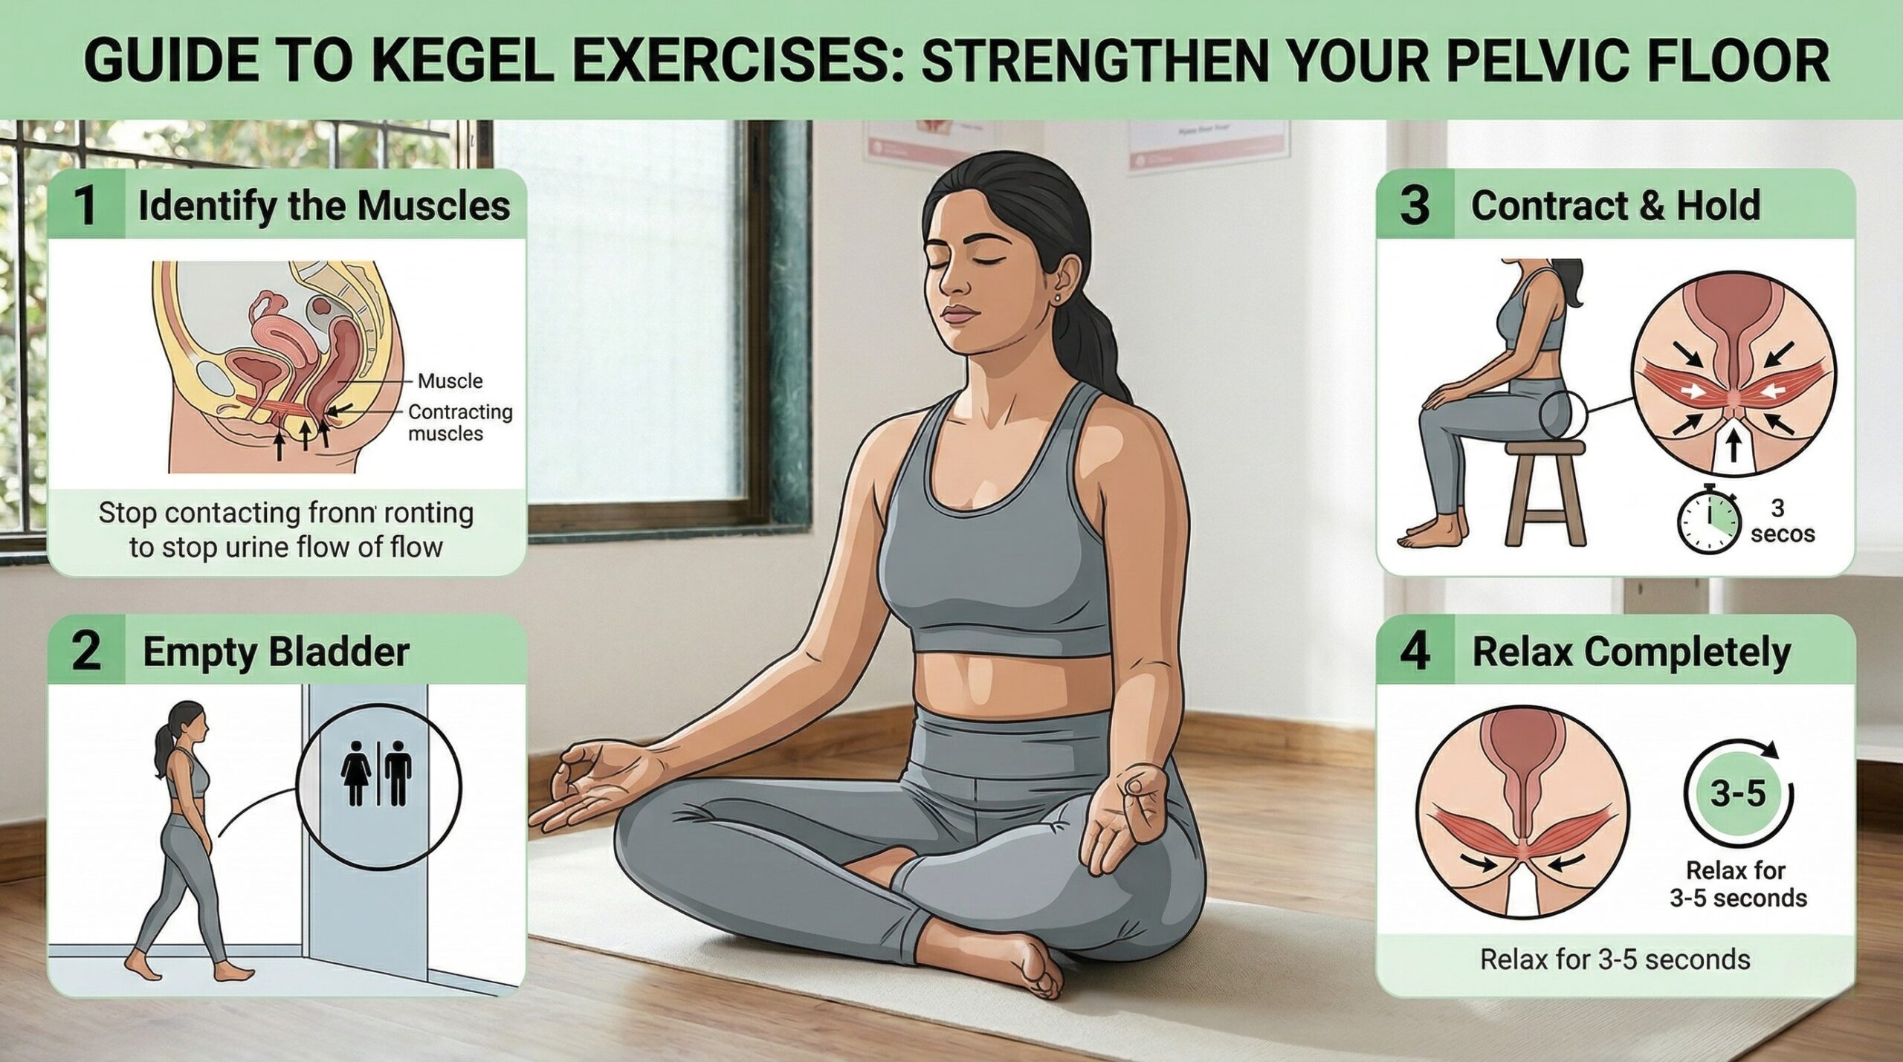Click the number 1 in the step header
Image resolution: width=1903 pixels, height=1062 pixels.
click(86, 206)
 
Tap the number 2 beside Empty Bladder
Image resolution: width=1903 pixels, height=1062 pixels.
click(86, 651)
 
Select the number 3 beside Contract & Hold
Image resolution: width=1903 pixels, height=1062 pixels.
click(1414, 206)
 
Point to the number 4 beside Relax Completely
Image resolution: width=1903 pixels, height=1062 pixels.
click(1415, 652)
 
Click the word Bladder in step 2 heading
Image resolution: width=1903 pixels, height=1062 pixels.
click(339, 653)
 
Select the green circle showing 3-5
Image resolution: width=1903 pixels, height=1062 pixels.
click(1736, 793)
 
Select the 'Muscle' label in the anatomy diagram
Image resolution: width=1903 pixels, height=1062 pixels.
click(450, 381)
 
